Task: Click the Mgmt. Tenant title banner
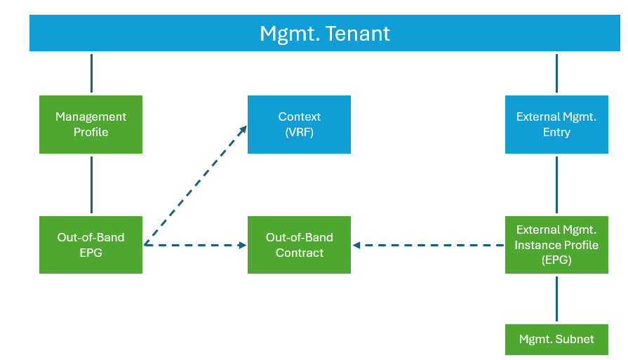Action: pos(324,33)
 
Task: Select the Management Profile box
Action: pos(91,124)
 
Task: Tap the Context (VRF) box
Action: pos(299,124)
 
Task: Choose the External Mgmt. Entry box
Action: pos(556,124)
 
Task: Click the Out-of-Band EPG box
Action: pos(91,245)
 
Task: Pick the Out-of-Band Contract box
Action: pos(299,245)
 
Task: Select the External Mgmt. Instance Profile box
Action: pos(556,245)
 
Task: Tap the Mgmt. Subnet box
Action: pos(556,339)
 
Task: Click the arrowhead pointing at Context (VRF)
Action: pos(243,130)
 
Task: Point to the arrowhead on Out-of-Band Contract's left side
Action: pos(242,245)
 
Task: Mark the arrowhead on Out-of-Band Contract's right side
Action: pos(356,245)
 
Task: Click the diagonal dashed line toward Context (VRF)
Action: pos(195,185)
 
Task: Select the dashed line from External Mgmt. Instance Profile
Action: pos(429,245)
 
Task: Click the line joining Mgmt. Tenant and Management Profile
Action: pos(91,73)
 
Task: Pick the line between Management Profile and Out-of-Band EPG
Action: pos(91,185)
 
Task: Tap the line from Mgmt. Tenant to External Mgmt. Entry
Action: pos(556,73)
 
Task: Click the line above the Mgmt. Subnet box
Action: pos(556,299)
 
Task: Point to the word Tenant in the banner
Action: pos(357,33)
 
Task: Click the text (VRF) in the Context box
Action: pos(299,132)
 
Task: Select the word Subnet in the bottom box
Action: pos(575,339)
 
